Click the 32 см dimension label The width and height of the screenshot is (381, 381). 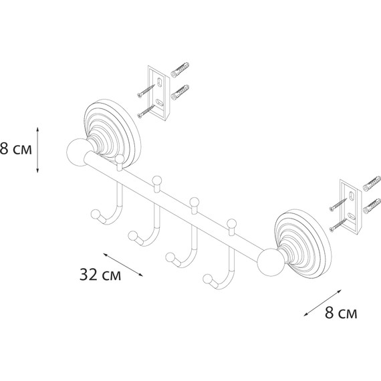coord(100,275)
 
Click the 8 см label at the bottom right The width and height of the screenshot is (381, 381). coord(341,313)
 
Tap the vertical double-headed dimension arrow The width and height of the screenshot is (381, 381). coord(37,150)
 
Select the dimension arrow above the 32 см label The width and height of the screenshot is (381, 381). coord(123,265)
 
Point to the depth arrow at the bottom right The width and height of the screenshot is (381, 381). coord(323,303)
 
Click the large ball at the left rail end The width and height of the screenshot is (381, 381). coord(78,152)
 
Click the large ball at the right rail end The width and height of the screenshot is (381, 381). coord(271,263)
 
